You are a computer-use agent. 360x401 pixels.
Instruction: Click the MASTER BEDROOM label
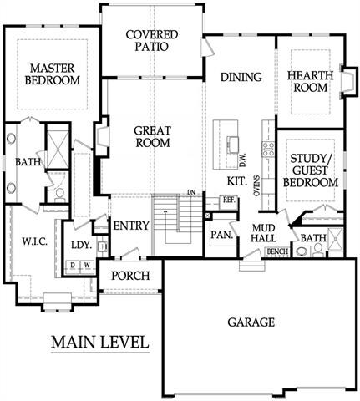pos(53,74)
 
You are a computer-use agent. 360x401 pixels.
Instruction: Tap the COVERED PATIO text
pos(152,40)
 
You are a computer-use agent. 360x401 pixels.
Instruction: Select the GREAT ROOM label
pos(152,137)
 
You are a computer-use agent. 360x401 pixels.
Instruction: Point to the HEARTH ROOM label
pos(310,82)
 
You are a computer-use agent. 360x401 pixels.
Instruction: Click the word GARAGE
pos(251,322)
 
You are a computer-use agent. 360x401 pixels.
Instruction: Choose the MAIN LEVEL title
pos(100,342)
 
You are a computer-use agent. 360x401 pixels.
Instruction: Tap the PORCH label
pos(130,276)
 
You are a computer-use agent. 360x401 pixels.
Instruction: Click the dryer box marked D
pos(73,266)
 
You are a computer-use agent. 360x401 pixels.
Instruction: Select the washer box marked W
pos(87,266)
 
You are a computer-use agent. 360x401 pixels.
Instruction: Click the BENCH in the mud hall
pos(277,251)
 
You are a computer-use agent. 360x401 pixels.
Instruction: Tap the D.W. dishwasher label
pos(243,160)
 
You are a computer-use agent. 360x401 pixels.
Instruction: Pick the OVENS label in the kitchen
pos(257,185)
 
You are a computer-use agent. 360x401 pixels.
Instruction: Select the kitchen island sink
pos(233,145)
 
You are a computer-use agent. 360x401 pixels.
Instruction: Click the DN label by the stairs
pos(191,192)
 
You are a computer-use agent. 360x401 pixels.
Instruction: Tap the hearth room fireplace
pos(348,82)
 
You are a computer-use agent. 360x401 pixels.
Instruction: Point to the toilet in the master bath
pos(60,195)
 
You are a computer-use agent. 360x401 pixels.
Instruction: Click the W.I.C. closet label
pos(34,242)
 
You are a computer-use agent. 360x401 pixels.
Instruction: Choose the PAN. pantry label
pos(222,235)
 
